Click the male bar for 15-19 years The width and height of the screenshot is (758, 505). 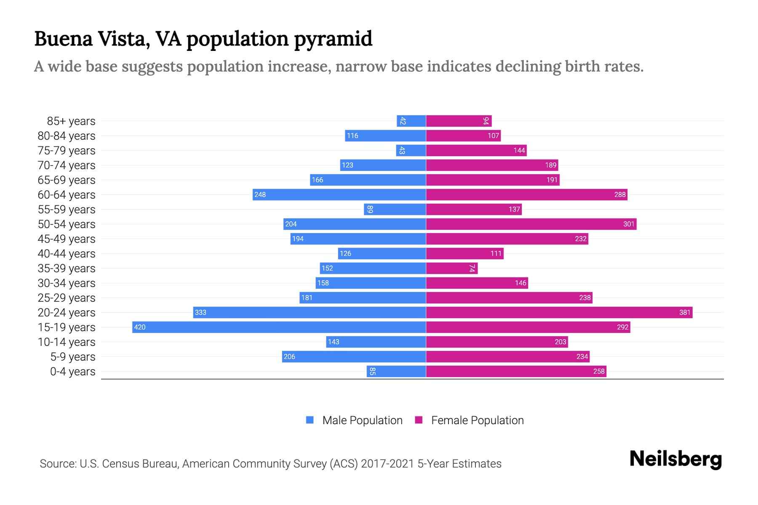pos(279,327)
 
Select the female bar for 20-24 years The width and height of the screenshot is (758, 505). pos(559,312)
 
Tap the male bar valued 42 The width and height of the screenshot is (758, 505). pos(411,121)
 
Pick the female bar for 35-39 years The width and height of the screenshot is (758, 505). pos(451,268)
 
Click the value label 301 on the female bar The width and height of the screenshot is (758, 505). pos(629,224)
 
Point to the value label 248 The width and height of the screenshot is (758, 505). pos(260,194)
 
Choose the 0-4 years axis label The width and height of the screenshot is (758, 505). pos(72,372)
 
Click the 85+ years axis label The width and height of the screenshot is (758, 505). pos(71,121)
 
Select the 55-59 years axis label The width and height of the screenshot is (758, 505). pos(67,210)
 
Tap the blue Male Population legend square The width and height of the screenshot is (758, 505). pos(310,420)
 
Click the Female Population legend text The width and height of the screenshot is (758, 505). pos(477,420)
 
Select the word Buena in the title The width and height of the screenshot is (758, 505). pos(63,39)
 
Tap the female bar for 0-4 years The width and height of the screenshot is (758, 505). pos(516,371)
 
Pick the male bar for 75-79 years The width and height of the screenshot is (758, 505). pos(411,150)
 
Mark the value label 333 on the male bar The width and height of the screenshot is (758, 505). pos(201,312)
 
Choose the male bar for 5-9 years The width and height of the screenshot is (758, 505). pos(354,356)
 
